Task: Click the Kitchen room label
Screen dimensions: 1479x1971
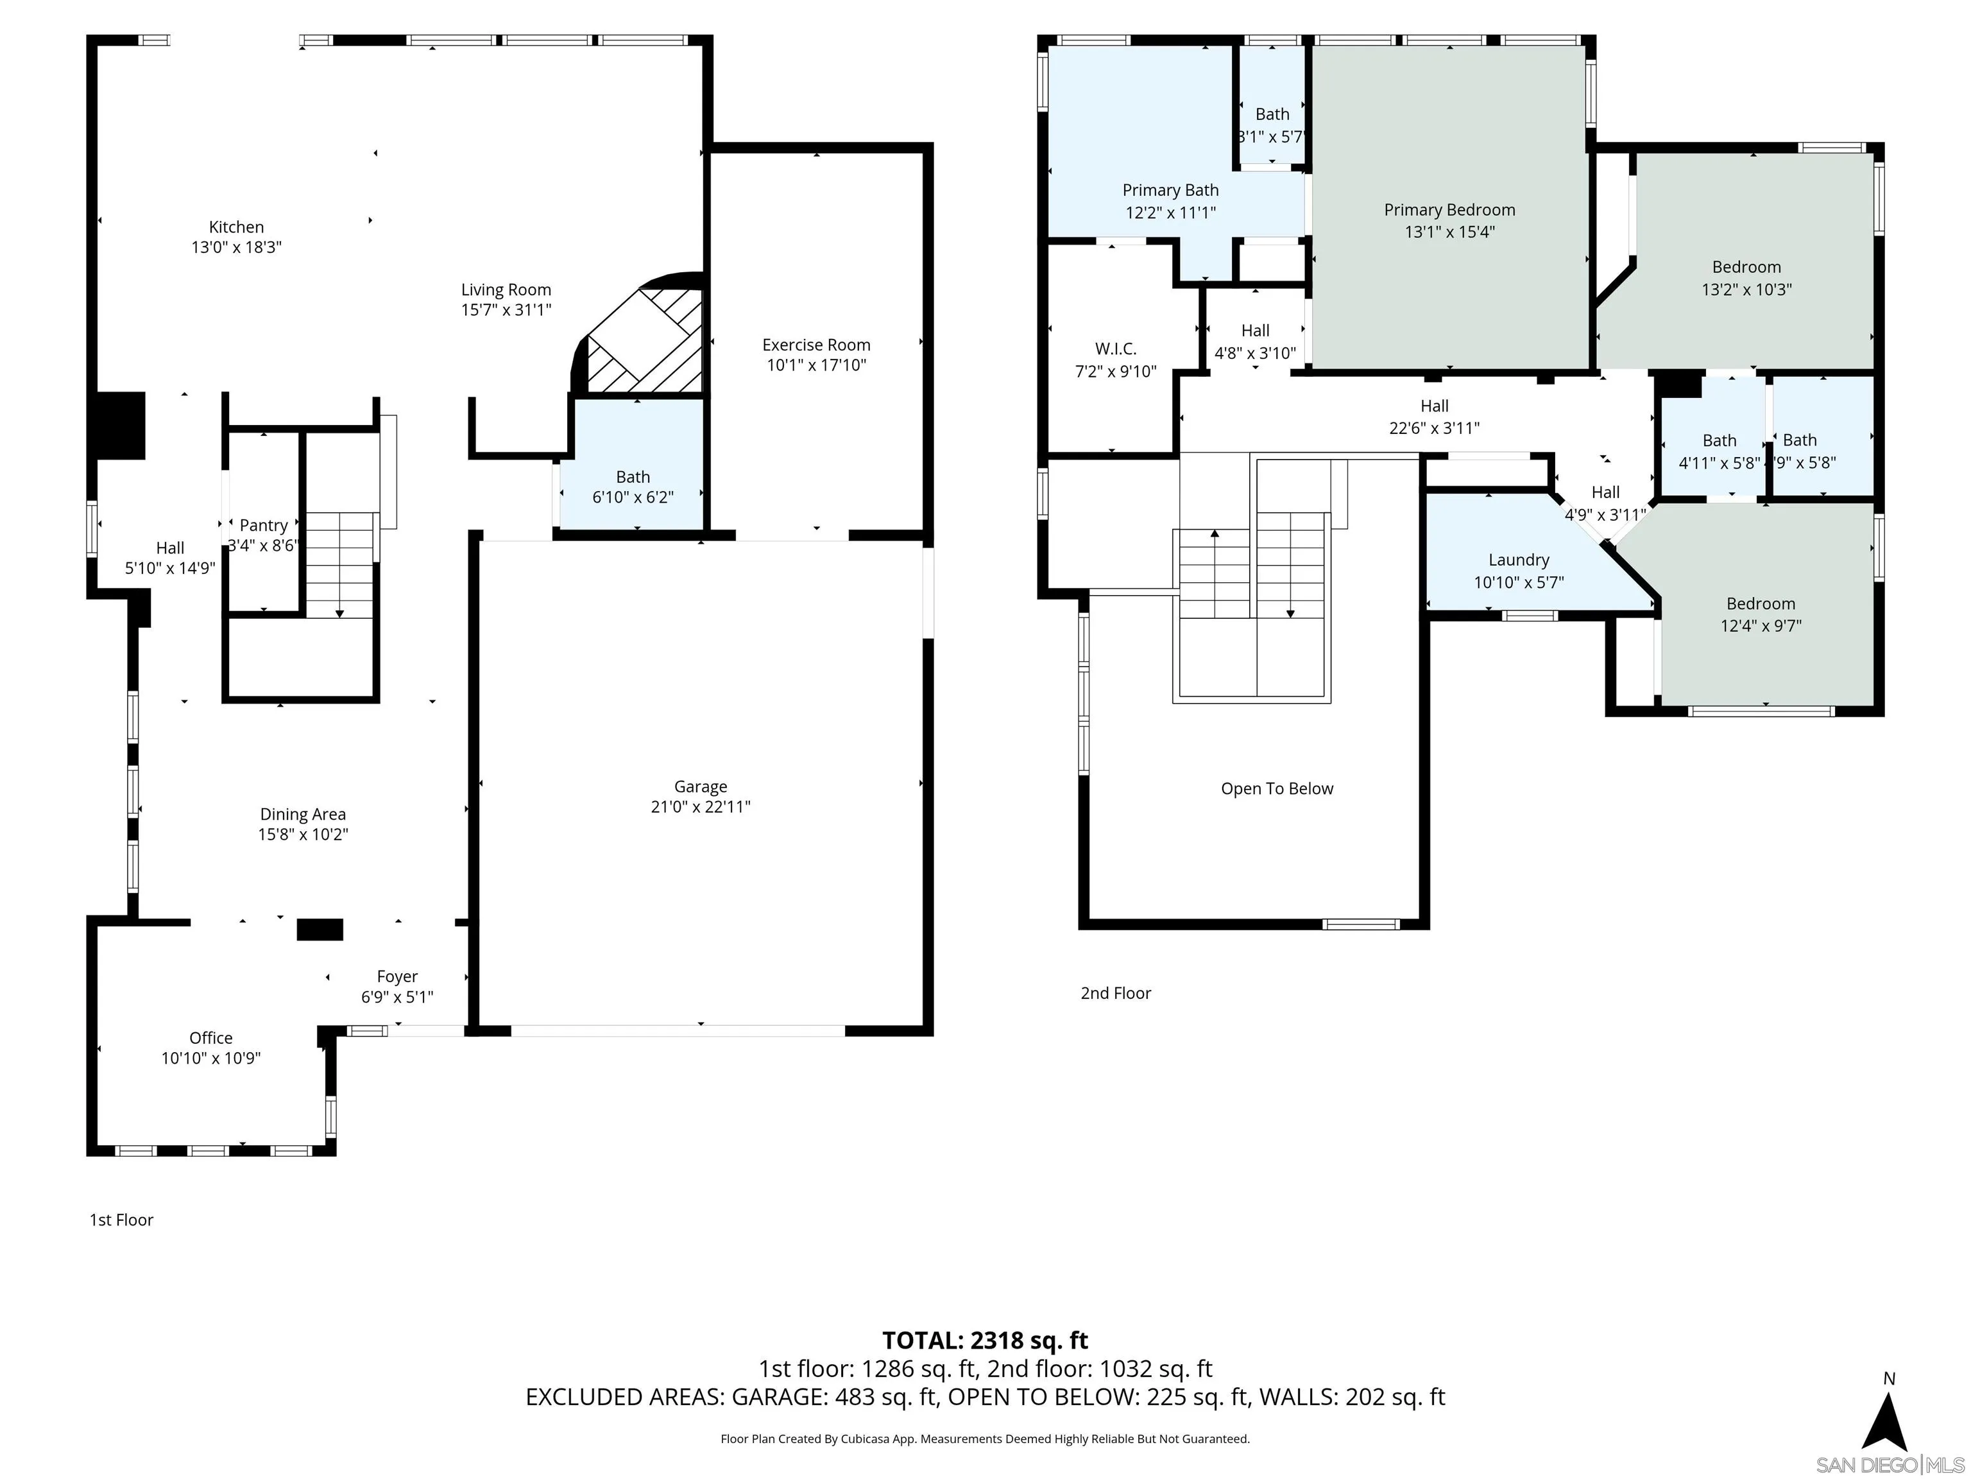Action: pyautogui.click(x=236, y=227)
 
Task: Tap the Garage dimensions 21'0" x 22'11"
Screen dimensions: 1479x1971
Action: pyautogui.click(x=701, y=807)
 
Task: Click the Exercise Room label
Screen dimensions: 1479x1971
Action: pyautogui.click(x=816, y=345)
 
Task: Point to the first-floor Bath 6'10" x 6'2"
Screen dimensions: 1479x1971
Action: pyautogui.click(x=633, y=487)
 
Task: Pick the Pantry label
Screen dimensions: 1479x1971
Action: pyautogui.click(x=263, y=526)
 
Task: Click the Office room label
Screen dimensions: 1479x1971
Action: pyautogui.click(x=211, y=1038)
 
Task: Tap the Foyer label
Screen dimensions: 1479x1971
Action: pyautogui.click(x=397, y=976)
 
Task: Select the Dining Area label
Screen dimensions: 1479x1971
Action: pyautogui.click(x=303, y=814)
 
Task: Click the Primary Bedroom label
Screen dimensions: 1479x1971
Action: pyautogui.click(x=1449, y=209)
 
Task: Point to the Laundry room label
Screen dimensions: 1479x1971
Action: pyautogui.click(x=1518, y=560)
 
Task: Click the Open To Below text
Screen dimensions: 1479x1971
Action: pyautogui.click(x=1277, y=788)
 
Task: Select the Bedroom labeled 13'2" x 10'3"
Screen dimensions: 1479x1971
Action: pyautogui.click(x=1746, y=277)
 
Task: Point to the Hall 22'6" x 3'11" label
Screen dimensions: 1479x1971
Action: pyautogui.click(x=1434, y=417)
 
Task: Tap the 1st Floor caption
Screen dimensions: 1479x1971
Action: pyautogui.click(x=121, y=1220)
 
